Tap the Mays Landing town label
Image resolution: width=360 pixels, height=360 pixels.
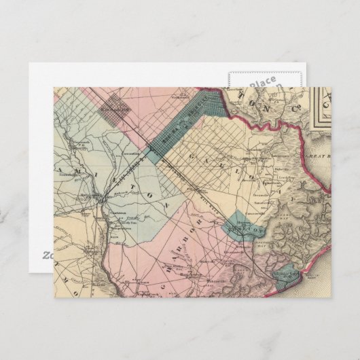(x=102, y=200)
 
